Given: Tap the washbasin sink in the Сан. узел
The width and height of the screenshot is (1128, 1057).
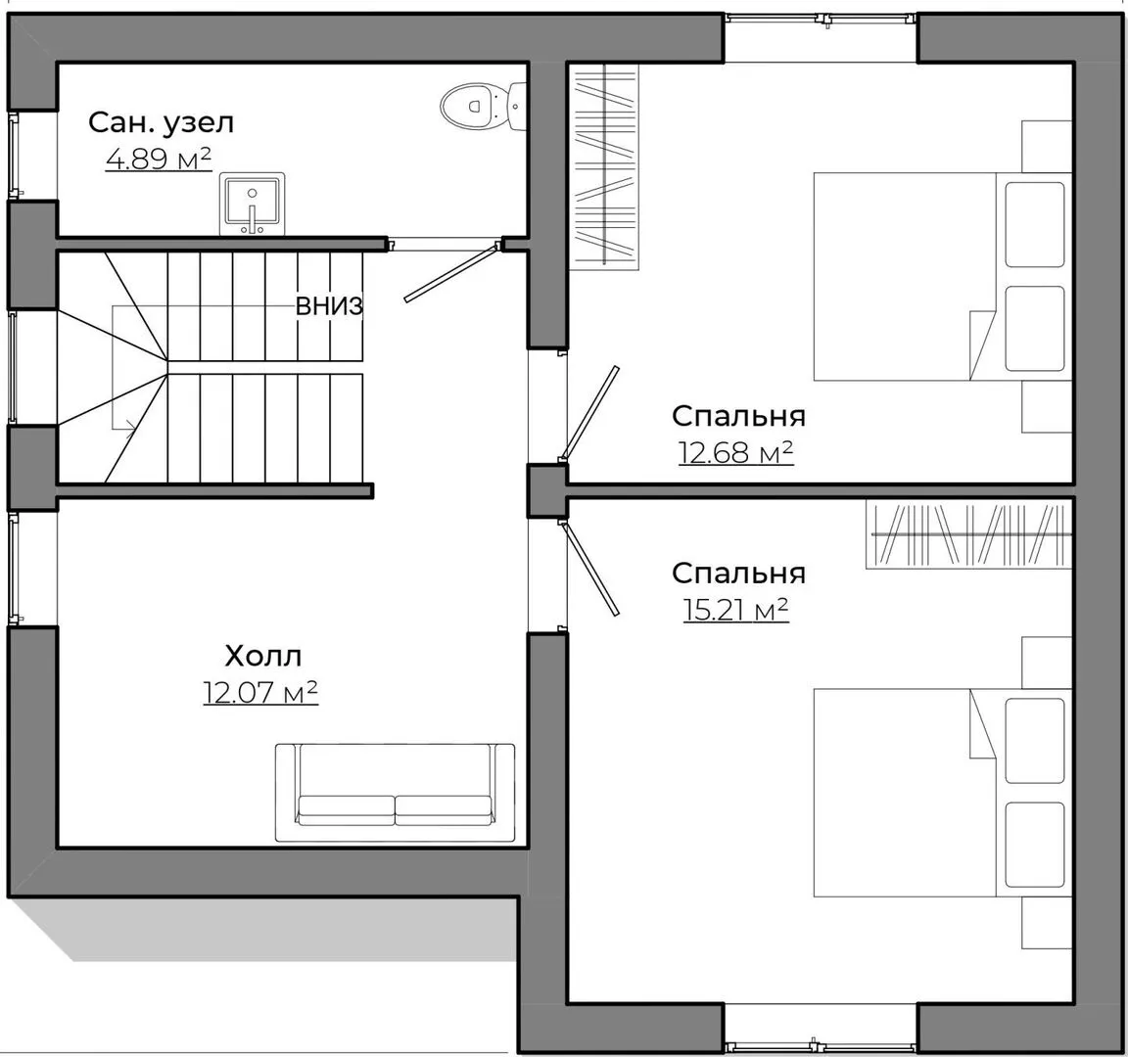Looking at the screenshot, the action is coord(253,204).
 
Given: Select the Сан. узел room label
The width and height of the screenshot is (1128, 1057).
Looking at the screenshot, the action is coord(162,123).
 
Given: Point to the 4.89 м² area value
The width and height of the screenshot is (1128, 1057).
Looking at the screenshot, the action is coord(159,159).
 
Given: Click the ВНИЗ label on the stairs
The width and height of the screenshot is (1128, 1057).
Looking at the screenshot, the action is coord(329,307).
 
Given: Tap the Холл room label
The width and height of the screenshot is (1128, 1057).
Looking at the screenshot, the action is coord(263,657).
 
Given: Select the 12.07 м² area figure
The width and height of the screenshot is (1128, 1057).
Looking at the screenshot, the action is coord(260,693).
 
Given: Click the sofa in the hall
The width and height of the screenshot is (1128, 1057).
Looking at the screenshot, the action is coord(395,793).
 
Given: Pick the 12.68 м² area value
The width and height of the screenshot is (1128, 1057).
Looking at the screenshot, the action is coord(736,452).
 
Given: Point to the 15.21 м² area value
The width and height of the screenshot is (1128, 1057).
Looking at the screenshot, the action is coord(736,610).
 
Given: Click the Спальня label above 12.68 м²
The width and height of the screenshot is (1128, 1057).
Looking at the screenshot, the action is coord(739,416).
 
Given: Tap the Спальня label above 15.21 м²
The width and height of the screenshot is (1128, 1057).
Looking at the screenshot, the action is coord(739,574).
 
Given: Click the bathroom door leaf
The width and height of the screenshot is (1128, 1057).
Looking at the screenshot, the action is coord(451,273).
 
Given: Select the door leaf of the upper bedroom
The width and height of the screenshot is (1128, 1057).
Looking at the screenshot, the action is coord(588,413).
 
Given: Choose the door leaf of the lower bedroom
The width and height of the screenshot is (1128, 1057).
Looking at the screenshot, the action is coord(588,569).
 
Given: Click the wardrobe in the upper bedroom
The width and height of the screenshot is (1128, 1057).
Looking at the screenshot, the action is coord(604,166).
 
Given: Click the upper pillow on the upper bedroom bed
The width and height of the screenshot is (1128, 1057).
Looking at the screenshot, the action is coord(1034,224).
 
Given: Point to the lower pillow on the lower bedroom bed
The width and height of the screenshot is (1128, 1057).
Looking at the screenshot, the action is coord(1034,845).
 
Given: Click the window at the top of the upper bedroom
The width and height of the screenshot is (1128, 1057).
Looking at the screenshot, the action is coord(821,20).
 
